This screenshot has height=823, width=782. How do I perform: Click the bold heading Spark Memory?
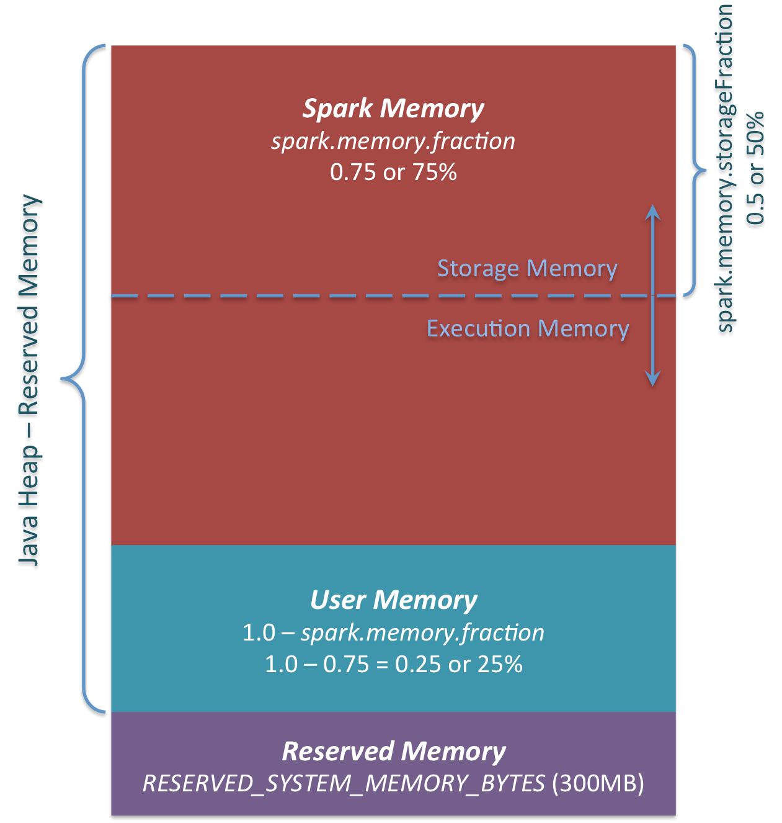(393, 109)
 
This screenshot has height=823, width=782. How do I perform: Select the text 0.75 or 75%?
(393, 172)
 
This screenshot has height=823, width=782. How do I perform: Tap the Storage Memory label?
(527, 268)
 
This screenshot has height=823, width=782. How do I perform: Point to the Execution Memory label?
(528, 328)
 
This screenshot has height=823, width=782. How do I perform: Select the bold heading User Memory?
(393, 600)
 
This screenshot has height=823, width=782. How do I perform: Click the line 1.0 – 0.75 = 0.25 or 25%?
(393, 665)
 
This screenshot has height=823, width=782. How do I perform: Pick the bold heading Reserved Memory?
(393, 752)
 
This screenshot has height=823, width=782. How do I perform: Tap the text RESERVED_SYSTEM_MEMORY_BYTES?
(344, 784)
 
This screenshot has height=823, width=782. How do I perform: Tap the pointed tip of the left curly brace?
(63, 378)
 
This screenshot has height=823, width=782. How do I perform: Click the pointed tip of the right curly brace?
(705, 169)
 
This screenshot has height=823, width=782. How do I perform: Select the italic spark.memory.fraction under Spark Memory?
(393, 142)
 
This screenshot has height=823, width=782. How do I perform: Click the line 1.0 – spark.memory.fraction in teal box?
(393, 633)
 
